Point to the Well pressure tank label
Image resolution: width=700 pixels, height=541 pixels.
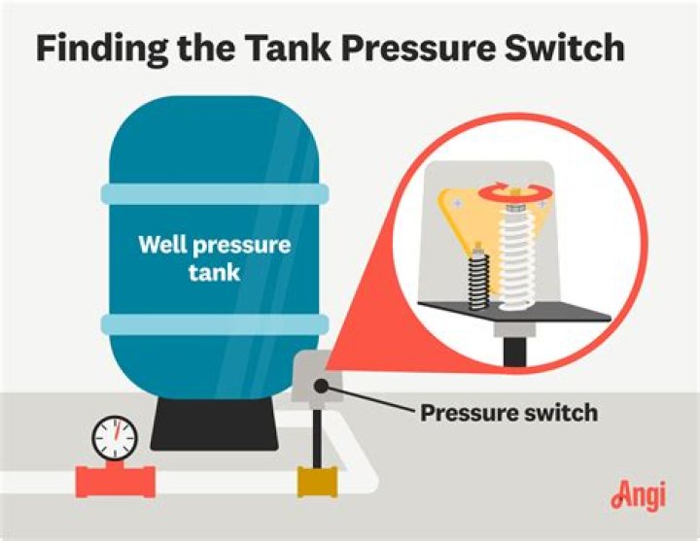[x=214, y=257]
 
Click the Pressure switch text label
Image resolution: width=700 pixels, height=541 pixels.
[x=508, y=414]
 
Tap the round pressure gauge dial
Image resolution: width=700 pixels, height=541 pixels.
[x=115, y=438]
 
